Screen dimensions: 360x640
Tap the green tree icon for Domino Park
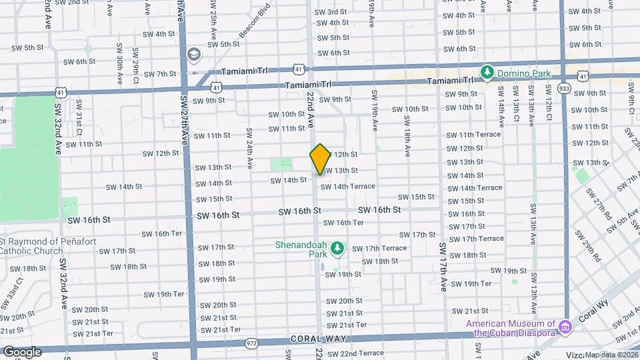pyautogui.click(x=488, y=71)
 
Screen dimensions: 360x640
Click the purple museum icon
pyautogui.click(x=565, y=327)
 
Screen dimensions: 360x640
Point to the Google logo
pyautogui.click(x=22, y=351)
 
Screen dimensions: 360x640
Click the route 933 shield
pyautogui.click(x=565, y=87)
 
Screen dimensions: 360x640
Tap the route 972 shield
pyautogui.click(x=251, y=343)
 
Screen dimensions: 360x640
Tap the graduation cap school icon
pyautogui.click(x=193, y=53)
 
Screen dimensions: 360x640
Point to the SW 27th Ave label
pyautogui.click(x=184, y=120)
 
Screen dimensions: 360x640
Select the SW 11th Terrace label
pyautogui.click(x=473, y=135)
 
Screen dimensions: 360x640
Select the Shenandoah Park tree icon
pyautogui.click(x=338, y=249)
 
